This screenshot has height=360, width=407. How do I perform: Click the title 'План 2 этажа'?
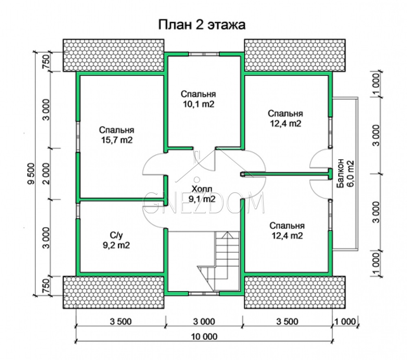tap(202, 25)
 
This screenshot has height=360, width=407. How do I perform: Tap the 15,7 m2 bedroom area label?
tap(117, 140)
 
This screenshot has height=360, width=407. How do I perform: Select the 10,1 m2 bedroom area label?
tap(199, 104)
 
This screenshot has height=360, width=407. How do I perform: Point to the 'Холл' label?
tap(202, 189)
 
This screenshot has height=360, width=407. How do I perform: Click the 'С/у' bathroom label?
tap(116, 235)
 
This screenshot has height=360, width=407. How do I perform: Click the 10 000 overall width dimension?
tap(204, 337)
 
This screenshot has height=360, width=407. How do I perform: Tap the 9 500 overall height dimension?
tap(31, 173)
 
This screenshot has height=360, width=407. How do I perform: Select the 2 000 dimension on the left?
tap(46, 173)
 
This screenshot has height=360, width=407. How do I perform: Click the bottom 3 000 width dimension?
tap(204, 322)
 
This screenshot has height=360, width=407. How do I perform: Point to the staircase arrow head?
tap(228, 235)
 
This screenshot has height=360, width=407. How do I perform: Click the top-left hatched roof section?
tap(114, 55)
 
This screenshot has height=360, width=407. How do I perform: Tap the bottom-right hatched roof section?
tap(295, 292)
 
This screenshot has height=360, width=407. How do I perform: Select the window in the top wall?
tap(204, 54)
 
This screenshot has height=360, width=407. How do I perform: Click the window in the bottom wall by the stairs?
tap(204, 294)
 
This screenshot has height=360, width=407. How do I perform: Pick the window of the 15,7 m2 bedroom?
tap(78, 136)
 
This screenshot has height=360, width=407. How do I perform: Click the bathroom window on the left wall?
tap(78, 211)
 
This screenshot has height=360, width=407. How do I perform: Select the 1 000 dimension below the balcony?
tap(376, 263)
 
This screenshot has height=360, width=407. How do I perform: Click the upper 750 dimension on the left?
tap(46, 62)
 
